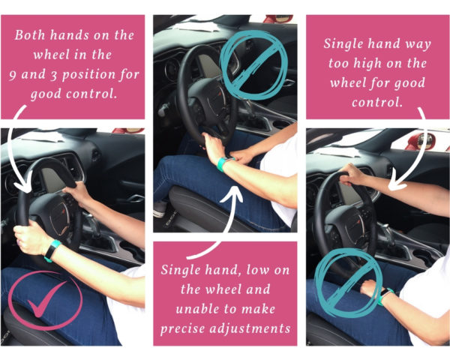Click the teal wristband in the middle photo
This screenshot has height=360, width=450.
coord(223,162)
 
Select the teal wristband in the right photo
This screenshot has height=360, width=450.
coord(387,296)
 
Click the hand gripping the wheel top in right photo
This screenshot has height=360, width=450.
coord(354,177)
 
